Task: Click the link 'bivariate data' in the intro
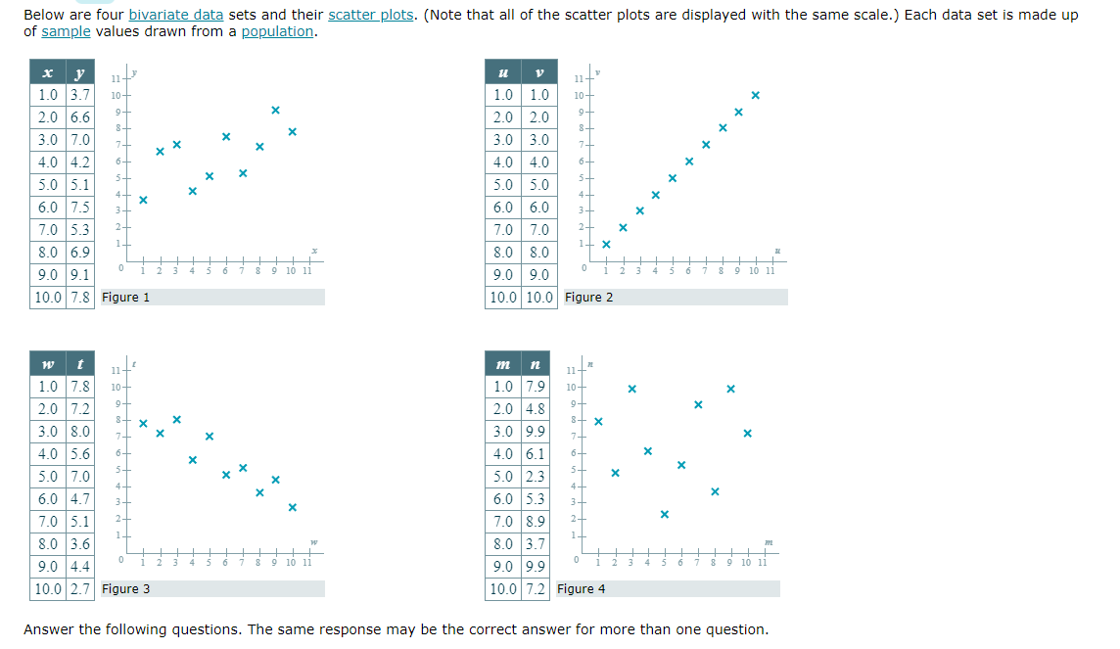(x=175, y=15)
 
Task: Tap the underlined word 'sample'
(x=66, y=31)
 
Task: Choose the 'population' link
(x=277, y=31)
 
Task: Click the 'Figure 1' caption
(x=126, y=297)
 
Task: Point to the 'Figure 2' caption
(x=589, y=297)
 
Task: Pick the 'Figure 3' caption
(x=126, y=588)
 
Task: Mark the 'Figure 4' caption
(x=582, y=588)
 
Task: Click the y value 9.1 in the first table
(x=79, y=275)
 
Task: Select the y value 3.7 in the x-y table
(x=79, y=95)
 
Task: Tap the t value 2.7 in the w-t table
(x=79, y=588)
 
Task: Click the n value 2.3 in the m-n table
(x=534, y=477)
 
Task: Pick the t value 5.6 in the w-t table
(x=79, y=454)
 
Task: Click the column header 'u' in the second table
(x=503, y=72)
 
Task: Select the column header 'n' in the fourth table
(x=534, y=364)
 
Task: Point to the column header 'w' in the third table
(x=47, y=364)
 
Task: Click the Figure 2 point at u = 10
(x=755, y=95)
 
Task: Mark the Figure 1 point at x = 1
(x=143, y=200)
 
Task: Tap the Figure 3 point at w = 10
(x=292, y=507)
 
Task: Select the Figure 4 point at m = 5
(x=665, y=514)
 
